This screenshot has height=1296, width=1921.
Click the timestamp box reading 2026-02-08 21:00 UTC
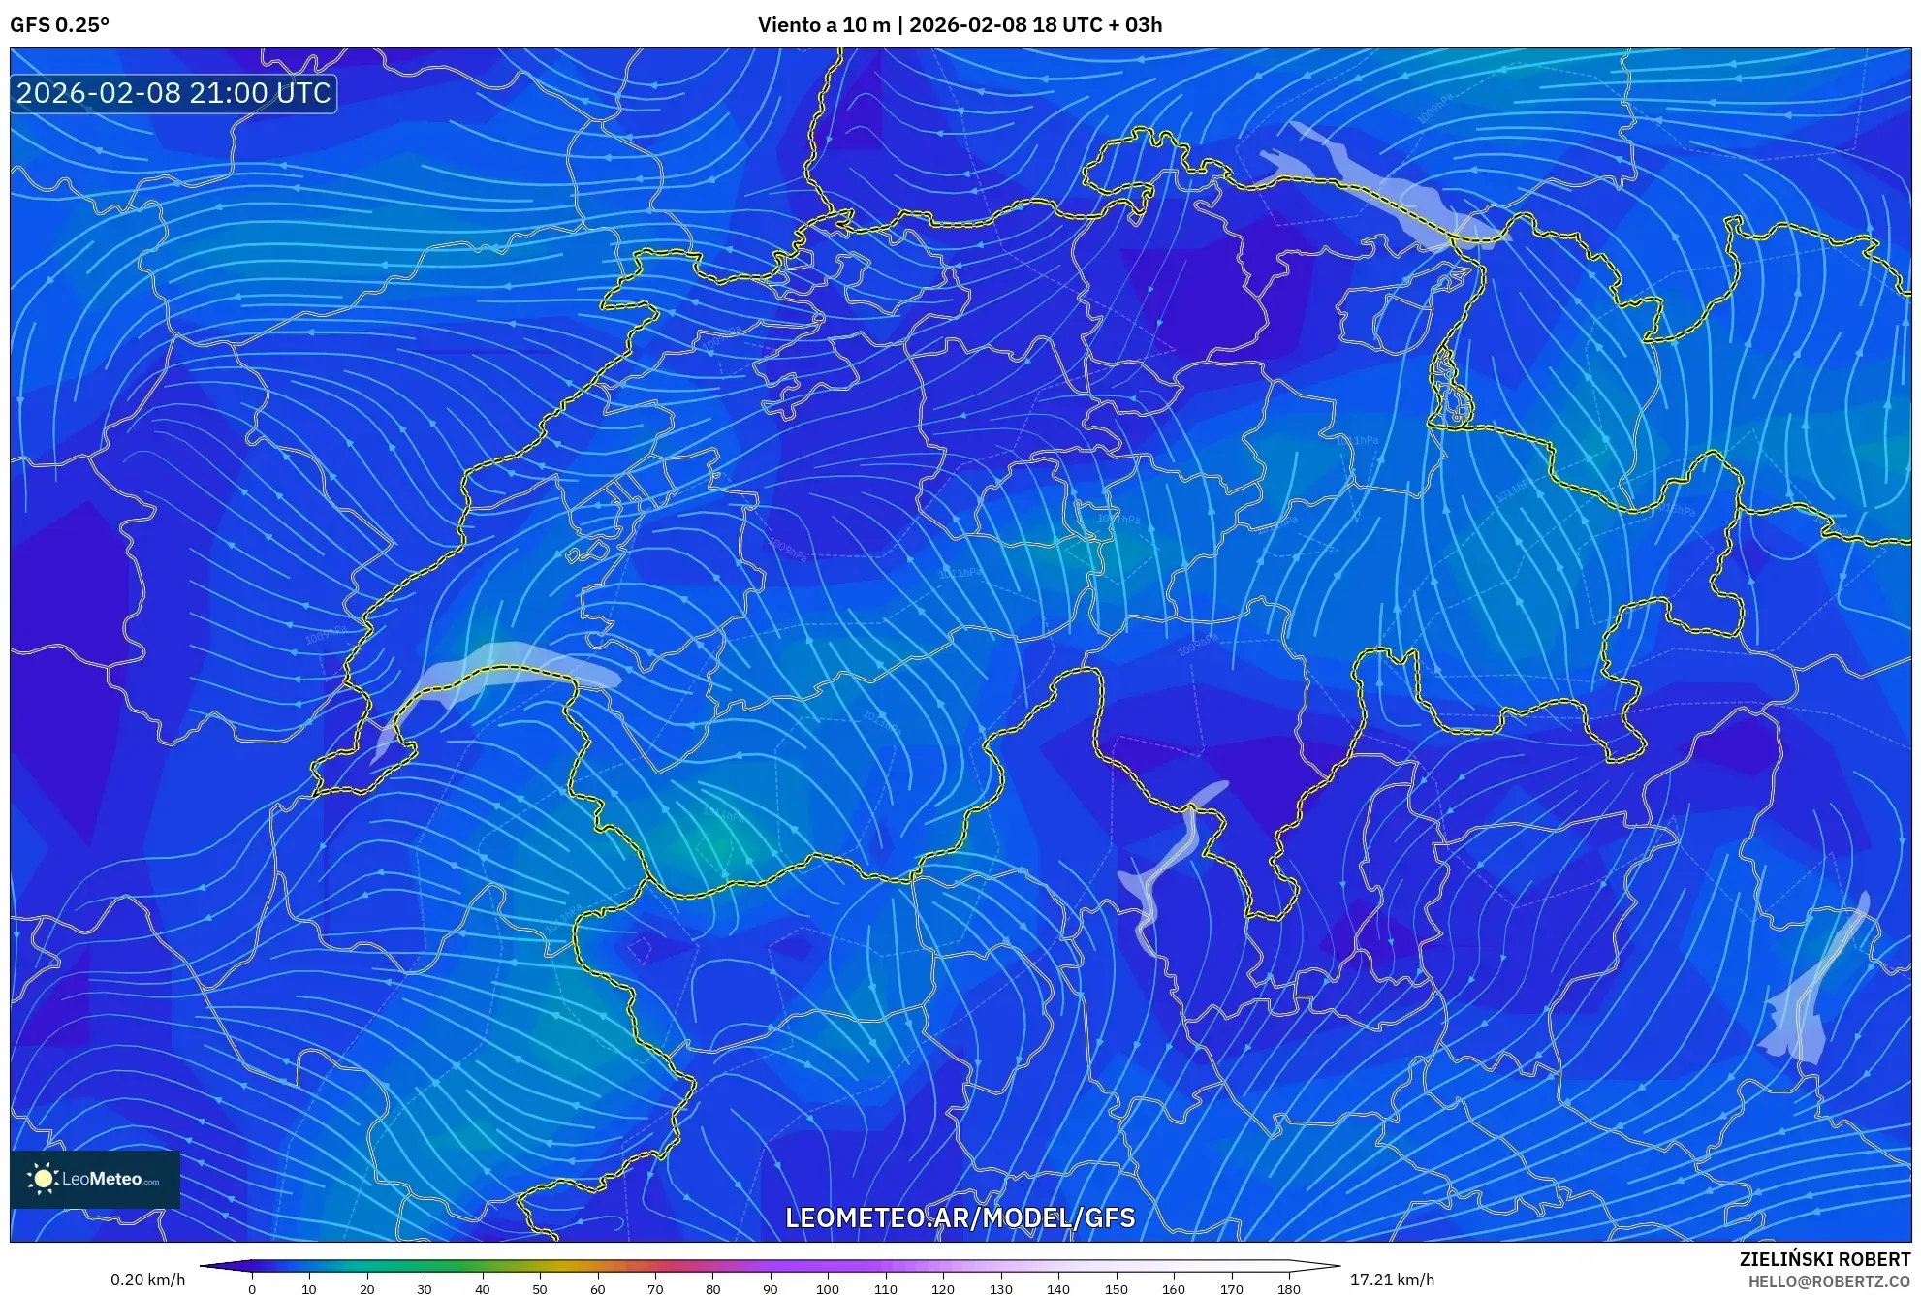tap(173, 93)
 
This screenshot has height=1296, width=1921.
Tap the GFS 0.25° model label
tap(59, 25)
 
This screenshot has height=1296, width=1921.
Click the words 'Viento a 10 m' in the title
tap(823, 25)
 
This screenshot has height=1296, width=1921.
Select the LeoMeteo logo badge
tap(95, 1179)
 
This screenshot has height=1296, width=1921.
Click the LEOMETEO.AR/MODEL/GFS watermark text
tap(960, 1218)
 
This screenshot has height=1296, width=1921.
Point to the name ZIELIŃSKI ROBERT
tap(1824, 1259)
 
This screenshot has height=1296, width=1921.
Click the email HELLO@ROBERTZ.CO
tap(1829, 1281)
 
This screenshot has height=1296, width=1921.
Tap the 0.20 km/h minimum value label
tap(147, 1280)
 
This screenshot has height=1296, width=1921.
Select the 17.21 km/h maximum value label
tap(1392, 1280)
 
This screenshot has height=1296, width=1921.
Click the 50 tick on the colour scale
tap(540, 1289)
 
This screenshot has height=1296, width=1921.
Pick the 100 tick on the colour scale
tap(828, 1289)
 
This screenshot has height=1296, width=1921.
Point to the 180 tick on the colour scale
tap(1288, 1289)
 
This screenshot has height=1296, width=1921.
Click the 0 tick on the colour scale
tap(252, 1289)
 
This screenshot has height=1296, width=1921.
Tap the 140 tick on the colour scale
tap(1058, 1289)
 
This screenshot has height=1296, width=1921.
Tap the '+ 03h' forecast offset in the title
tap(1130, 25)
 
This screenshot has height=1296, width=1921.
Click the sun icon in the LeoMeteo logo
tap(43, 1179)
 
